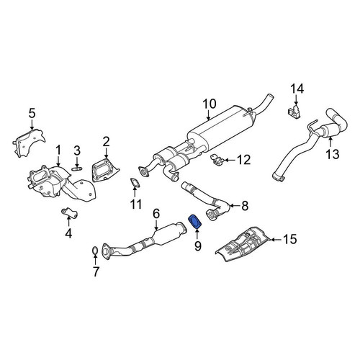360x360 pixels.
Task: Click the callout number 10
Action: click(x=209, y=104)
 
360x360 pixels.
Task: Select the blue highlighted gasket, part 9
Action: click(x=195, y=223)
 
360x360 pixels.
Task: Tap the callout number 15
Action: click(x=289, y=238)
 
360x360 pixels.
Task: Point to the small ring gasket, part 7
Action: click(x=95, y=251)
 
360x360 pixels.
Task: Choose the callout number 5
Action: click(x=32, y=112)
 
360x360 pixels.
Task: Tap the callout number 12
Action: click(x=243, y=159)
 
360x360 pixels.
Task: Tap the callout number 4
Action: click(x=68, y=233)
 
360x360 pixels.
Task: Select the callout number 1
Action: click(x=58, y=149)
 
